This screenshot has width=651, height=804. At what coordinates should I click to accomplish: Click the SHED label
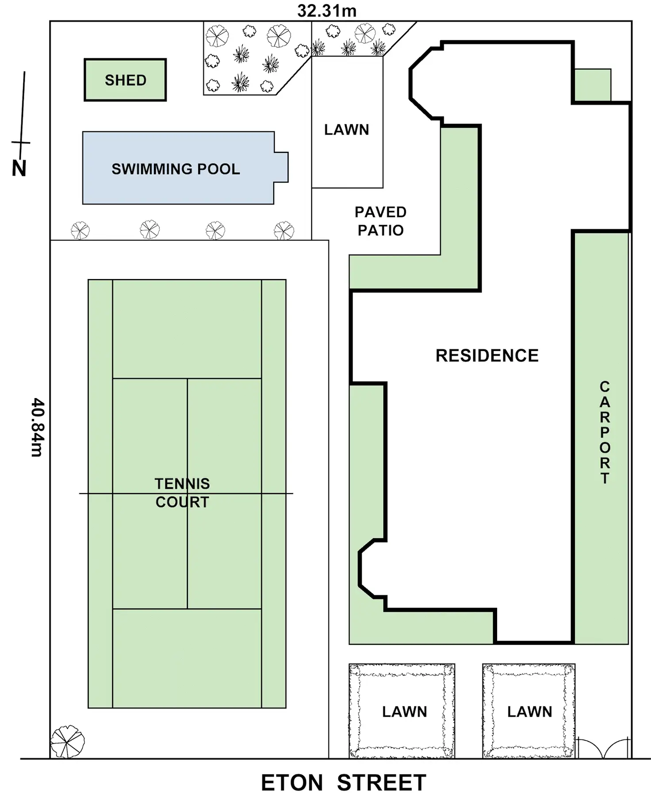pyautogui.click(x=126, y=80)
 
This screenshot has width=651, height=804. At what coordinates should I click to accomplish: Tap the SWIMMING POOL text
pyautogui.click(x=176, y=169)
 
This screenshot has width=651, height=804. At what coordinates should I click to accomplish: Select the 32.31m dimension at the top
pyautogui.click(x=327, y=11)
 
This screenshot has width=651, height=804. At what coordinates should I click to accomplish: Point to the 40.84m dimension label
pyautogui.click(x=37, y=427)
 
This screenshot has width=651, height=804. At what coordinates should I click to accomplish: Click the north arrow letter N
pyautogui.click(x=19, y=168)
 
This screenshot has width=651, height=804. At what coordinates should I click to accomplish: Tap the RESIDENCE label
pyautogui.click(x=487, y=356)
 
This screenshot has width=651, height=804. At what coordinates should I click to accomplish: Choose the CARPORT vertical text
pyautogui.click(x=605, y=432)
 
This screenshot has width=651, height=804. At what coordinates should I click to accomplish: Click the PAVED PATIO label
pyautogui.click(x=380, y=221)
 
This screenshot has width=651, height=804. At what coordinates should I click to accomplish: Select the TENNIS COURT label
pyautogui.click(x=182, y=493)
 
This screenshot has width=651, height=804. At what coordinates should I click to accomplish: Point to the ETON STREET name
pyautogui.click(x=343, y=783)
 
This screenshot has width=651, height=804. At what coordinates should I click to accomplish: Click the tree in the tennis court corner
pyautogui.click(x=67, y=742)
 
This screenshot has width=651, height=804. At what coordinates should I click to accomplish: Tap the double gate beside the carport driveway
pyautogui.click(x=603, y=748)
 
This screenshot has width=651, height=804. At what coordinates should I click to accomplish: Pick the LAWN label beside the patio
pyautogui.click(x=346, y=130)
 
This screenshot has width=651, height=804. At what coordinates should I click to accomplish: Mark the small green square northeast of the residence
pyautogui.click(x=592, y=85)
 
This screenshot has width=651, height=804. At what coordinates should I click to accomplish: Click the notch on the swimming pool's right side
pyautogui.click(x=281, y=167)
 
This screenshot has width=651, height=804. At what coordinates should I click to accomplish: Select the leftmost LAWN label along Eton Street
pyautogui.click(x=404, y=712)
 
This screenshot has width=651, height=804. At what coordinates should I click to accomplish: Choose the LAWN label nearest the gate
pyautogui.click(x=529, y=712)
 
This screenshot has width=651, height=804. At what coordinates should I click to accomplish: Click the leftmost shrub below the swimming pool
pyautogui.click(x=80, y=230)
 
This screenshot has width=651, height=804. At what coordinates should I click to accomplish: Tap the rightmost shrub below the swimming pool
pyautogui.click(x=283, y=230)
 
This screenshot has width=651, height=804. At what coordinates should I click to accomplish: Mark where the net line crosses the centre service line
pyautogui.click(x=188, y=493)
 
